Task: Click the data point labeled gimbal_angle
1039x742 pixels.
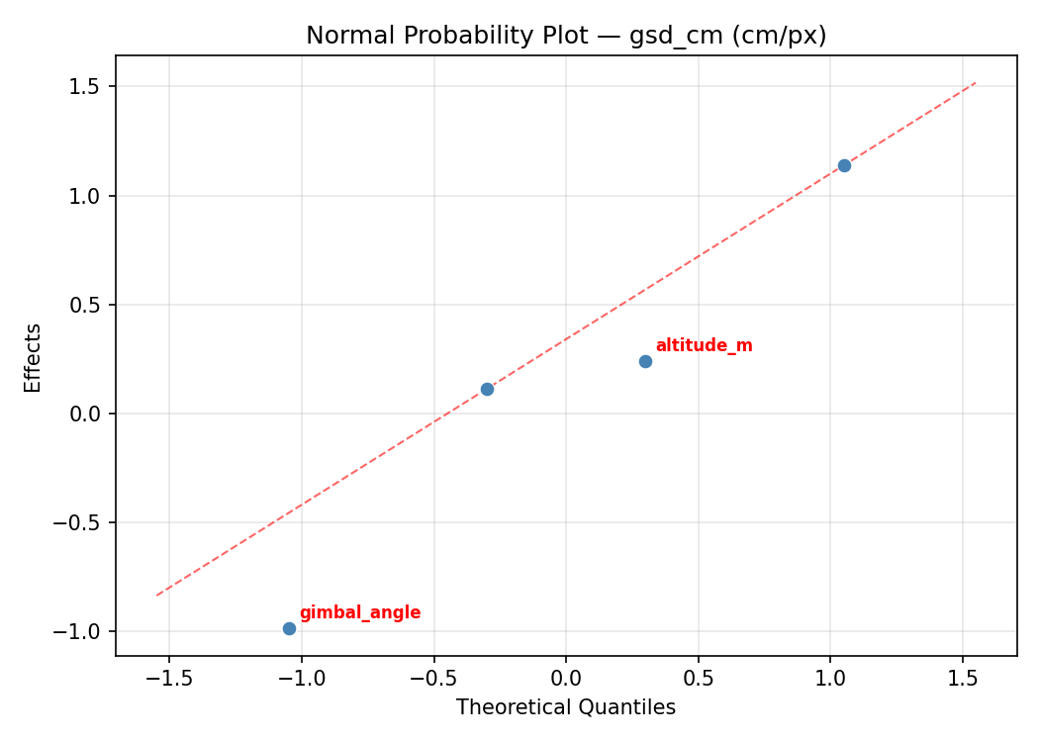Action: coord(289,628)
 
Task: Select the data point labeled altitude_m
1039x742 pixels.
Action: coord(645,361)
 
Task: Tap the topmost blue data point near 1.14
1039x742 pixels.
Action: coord(844,165)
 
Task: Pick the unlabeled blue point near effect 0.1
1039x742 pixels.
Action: coord(487,389)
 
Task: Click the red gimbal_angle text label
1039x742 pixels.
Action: coord(360,613)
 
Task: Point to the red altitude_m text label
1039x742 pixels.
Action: coord(704,346)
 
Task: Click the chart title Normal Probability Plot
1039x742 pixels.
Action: coord(566,36)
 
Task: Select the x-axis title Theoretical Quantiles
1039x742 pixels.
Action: coord(566,707)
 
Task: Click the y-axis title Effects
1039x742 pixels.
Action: coord(34,357)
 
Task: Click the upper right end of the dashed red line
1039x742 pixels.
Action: coord(977,82)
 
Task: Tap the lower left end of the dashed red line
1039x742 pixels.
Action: coord(156,595)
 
